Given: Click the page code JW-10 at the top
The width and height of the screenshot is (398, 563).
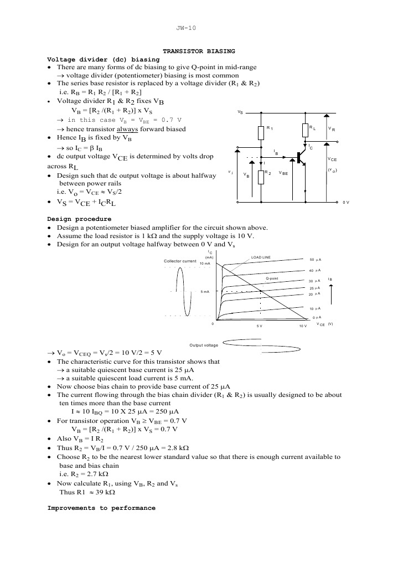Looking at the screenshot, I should click(187, 28).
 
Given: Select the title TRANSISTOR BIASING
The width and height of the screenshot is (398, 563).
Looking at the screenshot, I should click(199, 51).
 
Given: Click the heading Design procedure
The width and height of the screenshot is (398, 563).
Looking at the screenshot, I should click(79, 219).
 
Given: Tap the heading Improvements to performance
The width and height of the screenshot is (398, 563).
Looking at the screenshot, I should click(101, 508).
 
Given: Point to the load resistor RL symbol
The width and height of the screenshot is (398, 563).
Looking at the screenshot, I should click(305, 130).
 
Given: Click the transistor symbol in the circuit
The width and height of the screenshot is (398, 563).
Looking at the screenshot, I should click(302, 158).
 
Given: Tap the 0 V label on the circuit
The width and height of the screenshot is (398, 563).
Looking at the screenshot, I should click(346, 203).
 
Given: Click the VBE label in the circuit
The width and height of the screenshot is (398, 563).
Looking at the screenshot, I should click(283, 173).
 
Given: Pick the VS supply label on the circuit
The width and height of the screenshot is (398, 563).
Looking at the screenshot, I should click(240, 112).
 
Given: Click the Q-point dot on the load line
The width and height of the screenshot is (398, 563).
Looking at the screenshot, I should click(261, 291).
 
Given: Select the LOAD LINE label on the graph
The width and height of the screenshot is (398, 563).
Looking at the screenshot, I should click(261, 257).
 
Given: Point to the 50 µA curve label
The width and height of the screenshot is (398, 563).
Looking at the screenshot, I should click(316, 260).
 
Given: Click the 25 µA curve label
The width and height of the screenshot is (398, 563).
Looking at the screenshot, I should click(316, 288).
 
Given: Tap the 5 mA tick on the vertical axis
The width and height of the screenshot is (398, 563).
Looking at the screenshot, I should click(204, 291).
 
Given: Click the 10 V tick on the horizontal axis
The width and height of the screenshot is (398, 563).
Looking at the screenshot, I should click(302, 326).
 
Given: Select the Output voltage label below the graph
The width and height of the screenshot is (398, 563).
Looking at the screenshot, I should click(204, 345).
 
